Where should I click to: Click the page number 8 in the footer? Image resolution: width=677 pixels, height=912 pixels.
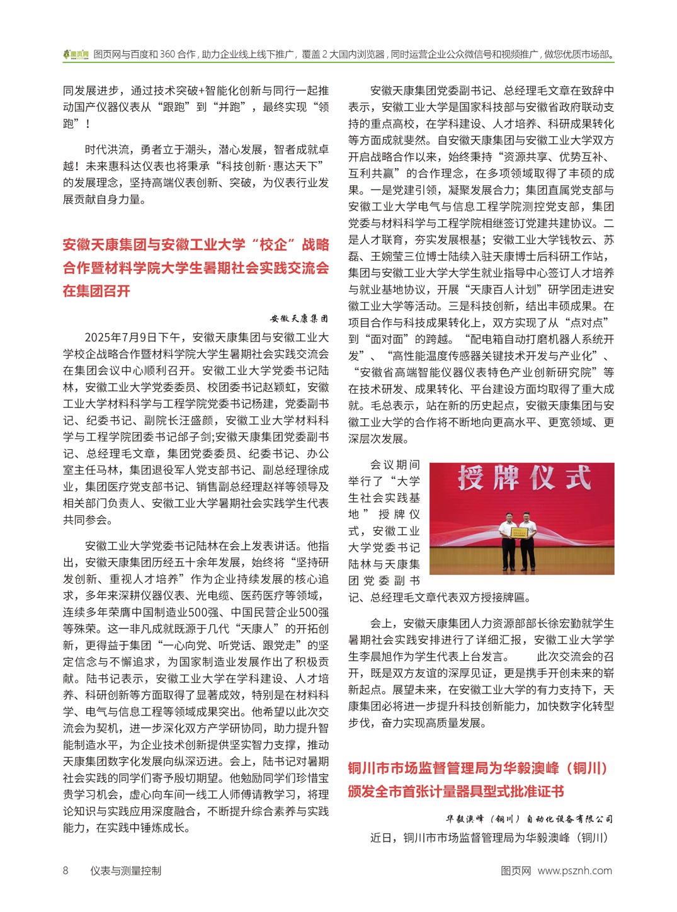pyautogui.click(x=65, y=870)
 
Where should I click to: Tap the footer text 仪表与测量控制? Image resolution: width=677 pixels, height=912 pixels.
pyautogui.click(x=125, y=870)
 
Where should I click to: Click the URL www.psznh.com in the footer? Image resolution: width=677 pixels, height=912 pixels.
pyautogui.click(x=574, y=870)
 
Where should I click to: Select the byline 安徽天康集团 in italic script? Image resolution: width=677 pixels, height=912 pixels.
pyautogui.click(x=299, y=319)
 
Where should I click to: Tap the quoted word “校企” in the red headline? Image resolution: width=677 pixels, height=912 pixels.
pyautogui.click(x=273, y=244)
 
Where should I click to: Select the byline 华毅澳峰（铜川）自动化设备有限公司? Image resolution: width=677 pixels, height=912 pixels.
pyautogui.click(x=529, y=819)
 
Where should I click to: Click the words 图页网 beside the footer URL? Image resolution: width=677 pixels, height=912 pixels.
pyautogui.click(x=516, y=870)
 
